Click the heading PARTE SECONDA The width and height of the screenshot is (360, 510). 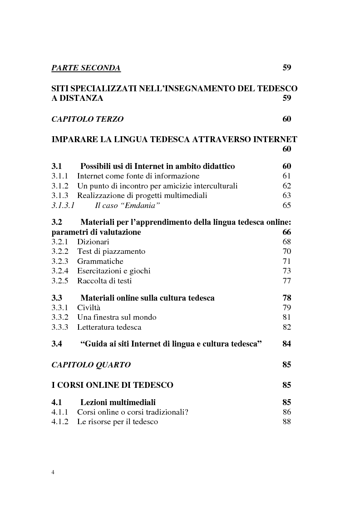click(86, 68)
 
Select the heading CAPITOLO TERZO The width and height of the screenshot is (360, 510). click(87, 119)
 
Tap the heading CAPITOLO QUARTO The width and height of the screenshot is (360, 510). click(91, 365)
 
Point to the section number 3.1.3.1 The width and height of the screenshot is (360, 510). click(63, 205)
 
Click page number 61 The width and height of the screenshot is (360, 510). click(286, 176)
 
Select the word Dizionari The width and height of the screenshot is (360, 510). click(93, 242)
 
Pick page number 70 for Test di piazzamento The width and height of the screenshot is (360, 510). click(286, 251)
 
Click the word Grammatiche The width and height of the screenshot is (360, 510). click(100, 261)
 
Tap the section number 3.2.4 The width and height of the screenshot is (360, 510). click(59, 271)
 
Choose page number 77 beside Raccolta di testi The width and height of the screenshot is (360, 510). click(286, 281)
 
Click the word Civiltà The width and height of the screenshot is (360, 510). click(89, 308)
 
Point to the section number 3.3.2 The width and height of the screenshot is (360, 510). click(59, 317)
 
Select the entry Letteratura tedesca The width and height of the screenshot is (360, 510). click(109, 327)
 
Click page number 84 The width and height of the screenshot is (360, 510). click(286, 344)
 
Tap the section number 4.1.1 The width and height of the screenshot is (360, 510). click(59, 412)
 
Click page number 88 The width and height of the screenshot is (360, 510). click(286, 421)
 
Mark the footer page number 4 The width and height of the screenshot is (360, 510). click(53, 472)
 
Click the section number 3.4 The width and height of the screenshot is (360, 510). click(57, 344)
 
